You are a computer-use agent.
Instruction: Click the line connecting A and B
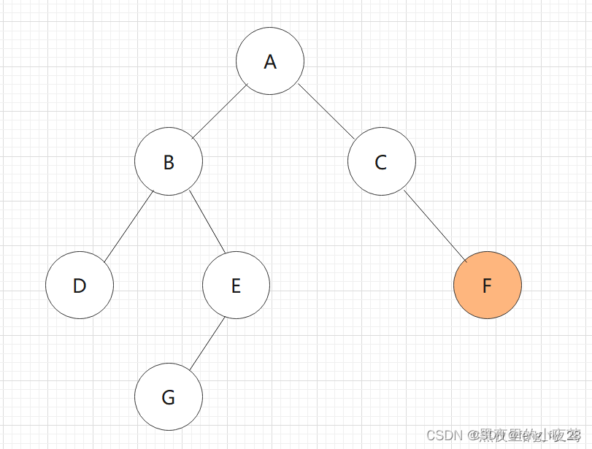pyautogui.click(x=220, y=112)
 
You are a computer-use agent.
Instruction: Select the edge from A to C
pyautogui.click(x=326, y=112)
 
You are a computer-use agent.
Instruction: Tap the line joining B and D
pyautogui.click(x=128, y=226)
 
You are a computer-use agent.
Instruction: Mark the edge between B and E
pyautogui.click(x=207, y=223)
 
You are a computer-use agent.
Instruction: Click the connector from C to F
pyautogui.click(x=434, y=225)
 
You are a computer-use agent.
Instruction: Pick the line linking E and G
pyautogui.click(x=206, y=342)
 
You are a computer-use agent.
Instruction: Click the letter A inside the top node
pyautogui.click(x=270, y=62)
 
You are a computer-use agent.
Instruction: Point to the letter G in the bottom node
pyautogui.click(x=169, y=398)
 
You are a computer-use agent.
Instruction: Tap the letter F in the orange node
pyautogui.click(x=488, y=285)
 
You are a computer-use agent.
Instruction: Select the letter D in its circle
pyautogui.click(x=80, y=285)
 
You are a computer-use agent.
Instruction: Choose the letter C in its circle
pyautogui.click(x=381, y=162)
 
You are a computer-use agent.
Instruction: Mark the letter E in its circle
pyautogui.click(x=236, y=285)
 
